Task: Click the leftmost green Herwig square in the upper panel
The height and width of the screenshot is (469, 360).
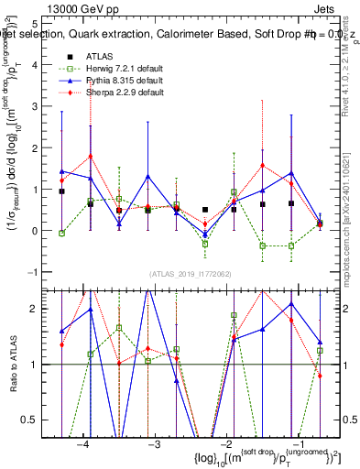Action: pos(61,234)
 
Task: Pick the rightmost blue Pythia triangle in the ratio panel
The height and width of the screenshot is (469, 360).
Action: pos(320,342)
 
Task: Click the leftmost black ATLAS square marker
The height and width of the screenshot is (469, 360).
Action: pos(61,191)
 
